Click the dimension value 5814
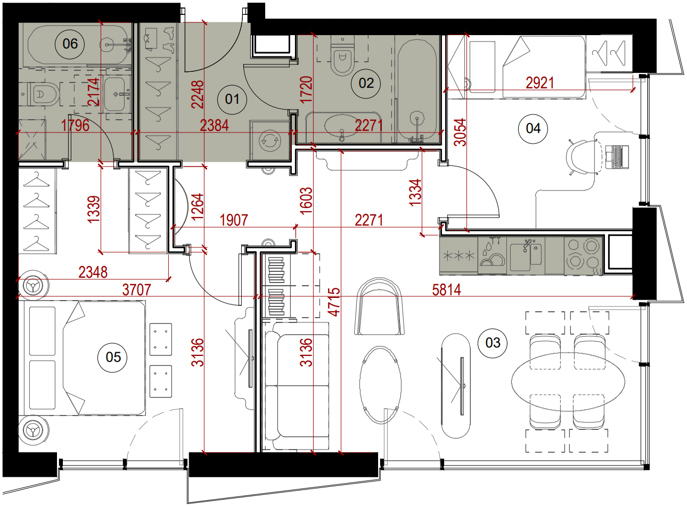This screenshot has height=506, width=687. click(x=446, y=290)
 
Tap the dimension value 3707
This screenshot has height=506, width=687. click(x=136, y=290)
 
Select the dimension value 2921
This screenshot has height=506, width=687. click(x=540, y=83)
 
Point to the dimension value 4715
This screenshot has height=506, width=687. click(x=334, y=302)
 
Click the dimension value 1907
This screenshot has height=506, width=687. click(x=234, y=220)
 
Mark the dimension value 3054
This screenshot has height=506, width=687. click(x=460, y=132)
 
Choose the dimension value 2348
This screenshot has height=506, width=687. click(x=93, y=272)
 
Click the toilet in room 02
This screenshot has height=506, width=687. click(x=342, y=55)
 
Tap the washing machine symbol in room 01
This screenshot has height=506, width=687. click(x=269, y=140)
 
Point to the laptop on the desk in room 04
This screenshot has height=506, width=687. click(x=617, y=157)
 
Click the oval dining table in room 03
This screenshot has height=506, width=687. click(x=568, y=382)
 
